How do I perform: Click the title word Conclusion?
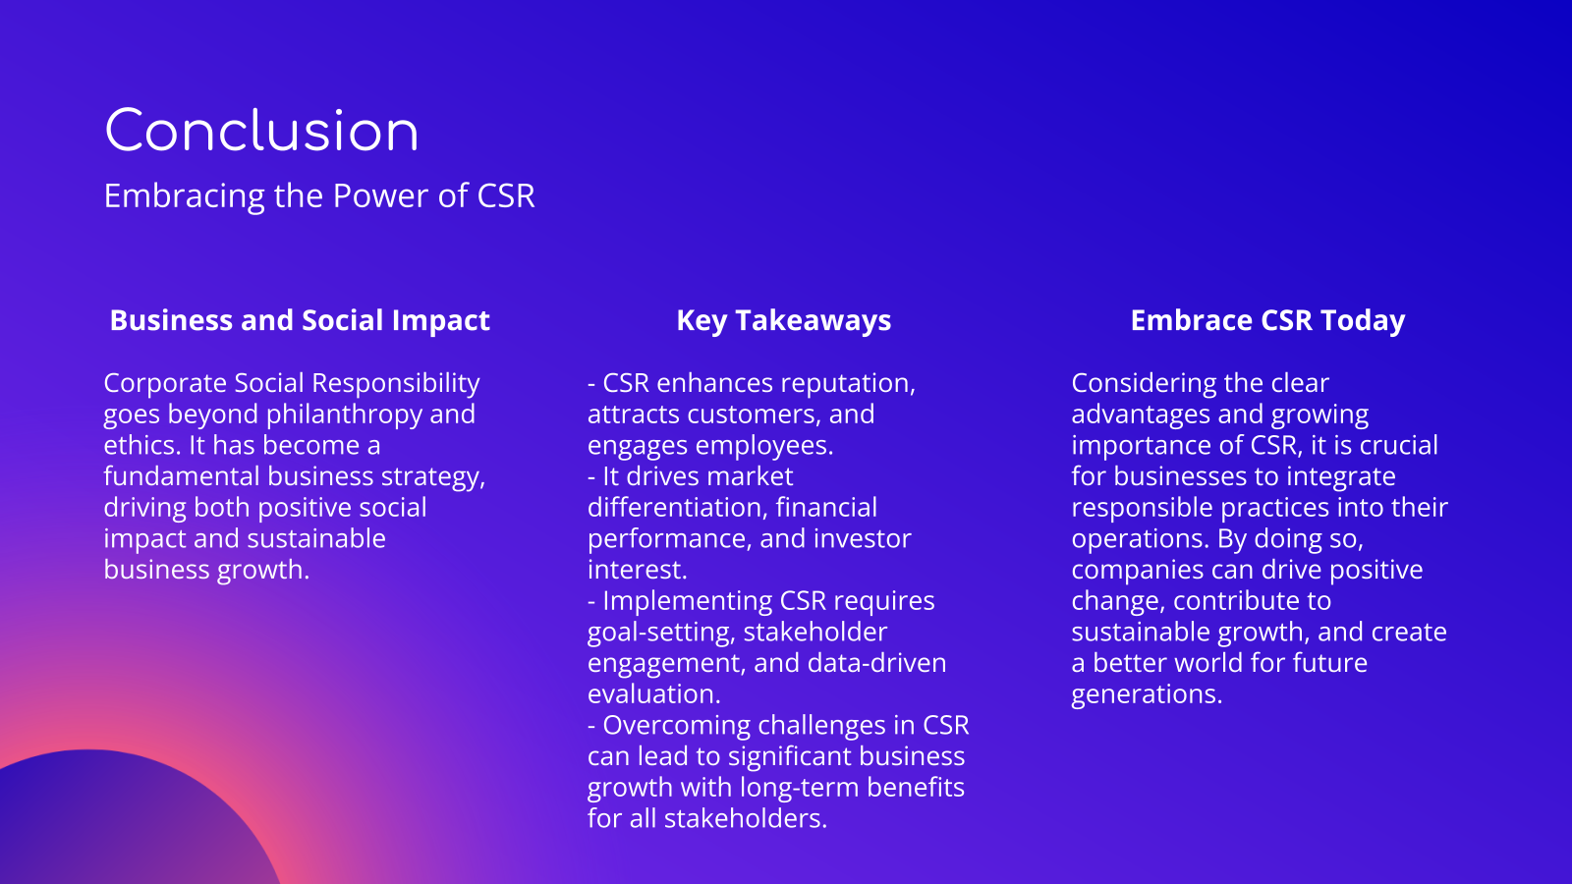pyautogui.click(x=261, y=131)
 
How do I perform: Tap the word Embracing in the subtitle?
pyautogui.click(x=184, y=196)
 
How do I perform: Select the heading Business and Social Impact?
pyautogui.click(x=300, y=320)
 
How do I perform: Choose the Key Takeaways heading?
pyautogui.click(x=784, y=321)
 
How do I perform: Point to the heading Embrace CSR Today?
pyautogui.click(x=1268, y=321)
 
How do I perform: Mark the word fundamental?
pyautogui.click(x=182, y=476)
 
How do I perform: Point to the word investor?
pyautogui.click(x=864, y=539)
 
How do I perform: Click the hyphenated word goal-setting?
pyautogui.click(x=661, y=633)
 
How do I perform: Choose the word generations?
pyautogui.click(x=1147, y=694)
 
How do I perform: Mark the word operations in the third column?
pyautogui.click(x=1141, y=539)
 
